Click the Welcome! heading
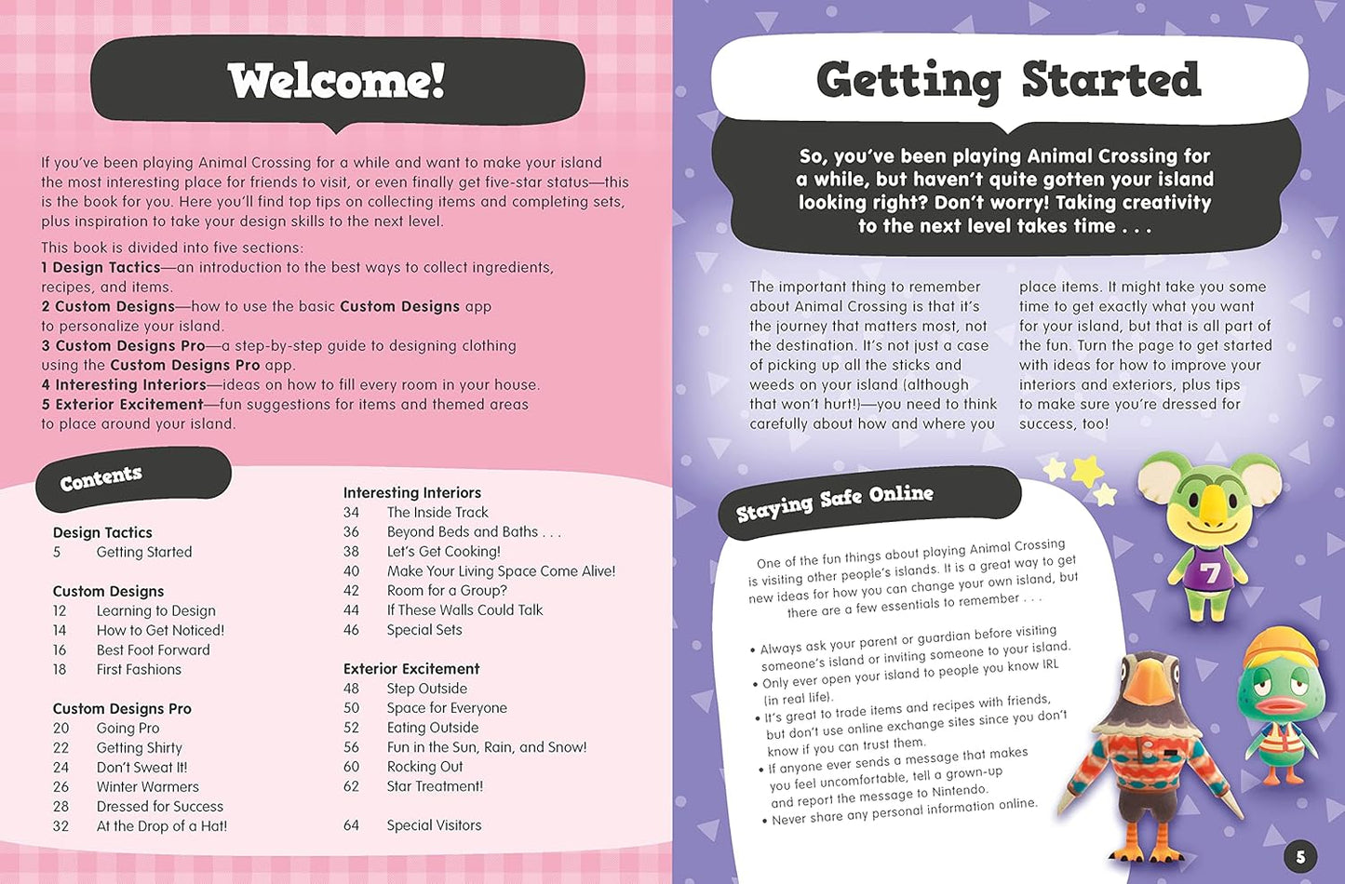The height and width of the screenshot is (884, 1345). coord(336,81)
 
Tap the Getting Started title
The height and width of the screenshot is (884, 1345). coord(1008,80)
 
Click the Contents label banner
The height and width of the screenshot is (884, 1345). coord(101,478)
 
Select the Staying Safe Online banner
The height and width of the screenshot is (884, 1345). coord(834,502)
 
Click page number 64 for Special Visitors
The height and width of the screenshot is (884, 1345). coord(351,825)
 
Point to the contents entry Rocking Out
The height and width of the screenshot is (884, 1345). coord(424,767)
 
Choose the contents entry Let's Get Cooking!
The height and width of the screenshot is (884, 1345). coord(443,552)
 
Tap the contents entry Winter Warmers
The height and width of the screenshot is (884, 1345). coord(147,787)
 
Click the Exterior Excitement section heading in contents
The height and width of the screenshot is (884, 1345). coord(410,669)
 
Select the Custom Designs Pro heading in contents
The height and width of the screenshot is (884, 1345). coord(122,709)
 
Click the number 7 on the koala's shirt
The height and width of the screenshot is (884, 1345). coord(1210,573)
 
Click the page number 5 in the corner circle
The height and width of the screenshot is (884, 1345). coord(1300,857)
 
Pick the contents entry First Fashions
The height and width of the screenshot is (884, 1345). coord(139,670)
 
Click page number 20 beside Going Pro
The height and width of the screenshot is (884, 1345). coord(61,729)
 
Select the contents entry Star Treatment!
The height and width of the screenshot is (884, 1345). coord(435,786)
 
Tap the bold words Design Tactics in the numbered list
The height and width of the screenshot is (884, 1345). coord(106,268)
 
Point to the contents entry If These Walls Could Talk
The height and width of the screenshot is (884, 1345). coord(464,610)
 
